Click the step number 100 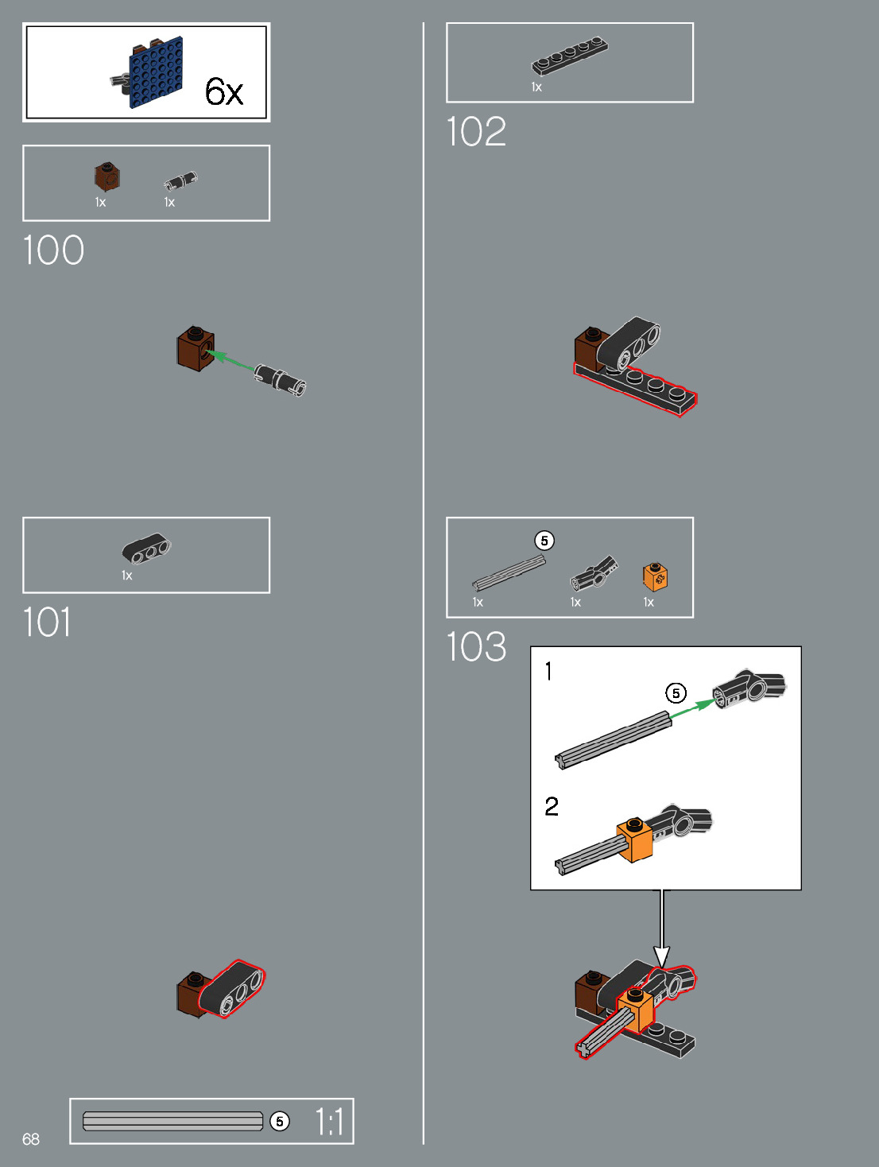pos(53,250)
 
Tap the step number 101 pos(47,622)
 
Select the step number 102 pos(476,132)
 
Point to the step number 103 pos(476,647)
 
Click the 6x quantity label pos(223,92)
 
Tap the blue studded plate pos(157,72)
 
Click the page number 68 pos(31,1139)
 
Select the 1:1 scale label pos(330,1122)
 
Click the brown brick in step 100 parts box pos(106,176)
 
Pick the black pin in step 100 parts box pos(180,180)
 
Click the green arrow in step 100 pos(233,361)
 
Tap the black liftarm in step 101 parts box pos(146,548)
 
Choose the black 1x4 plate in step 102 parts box pos(569,56)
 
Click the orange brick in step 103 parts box pos(655,577)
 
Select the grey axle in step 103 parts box pos(509,573)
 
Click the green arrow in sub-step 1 pos(691,708)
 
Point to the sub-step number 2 pos(552,807)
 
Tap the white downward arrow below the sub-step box pos(661,930)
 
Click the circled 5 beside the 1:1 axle pos(280,1122)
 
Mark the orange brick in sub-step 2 pos(635,839)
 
